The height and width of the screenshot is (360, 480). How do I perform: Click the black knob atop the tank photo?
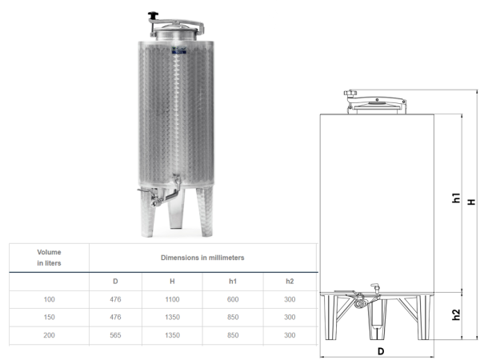[x=153, y=15]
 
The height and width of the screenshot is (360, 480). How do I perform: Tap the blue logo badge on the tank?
[x=178, y=50]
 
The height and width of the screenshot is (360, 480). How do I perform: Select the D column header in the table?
[x=115, y=282]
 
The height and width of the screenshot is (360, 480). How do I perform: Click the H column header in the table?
[x=172, y=282]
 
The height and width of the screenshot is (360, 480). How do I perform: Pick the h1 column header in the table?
[x=233, y=282]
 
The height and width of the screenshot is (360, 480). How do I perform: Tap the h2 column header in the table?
[x=290, y=282]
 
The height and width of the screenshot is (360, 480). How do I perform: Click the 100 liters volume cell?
[x=50, y=299]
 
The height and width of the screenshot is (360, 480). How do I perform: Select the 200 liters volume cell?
[x=50, y=335]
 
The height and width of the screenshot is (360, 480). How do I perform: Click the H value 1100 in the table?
[x=172, y=299]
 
